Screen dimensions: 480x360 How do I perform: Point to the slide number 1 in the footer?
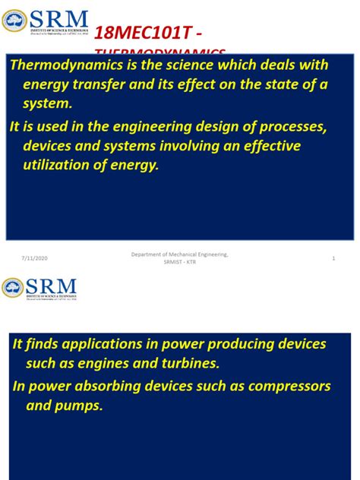[x=333, y=259]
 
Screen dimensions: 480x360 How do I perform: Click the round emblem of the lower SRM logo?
[x=13, y=288]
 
